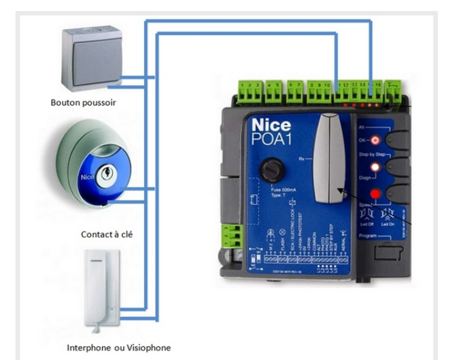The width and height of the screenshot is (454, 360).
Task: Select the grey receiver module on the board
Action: (328, 160)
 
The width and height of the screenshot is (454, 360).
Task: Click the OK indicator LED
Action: (374, 139)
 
